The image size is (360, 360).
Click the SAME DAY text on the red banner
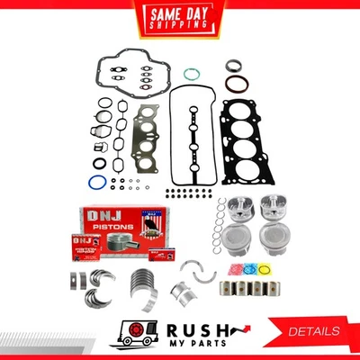pyautogui.click(x=179, y=13)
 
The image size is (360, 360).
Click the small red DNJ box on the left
pyautogui.click(x=80, y=243)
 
